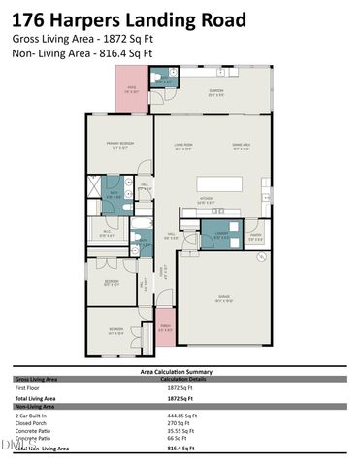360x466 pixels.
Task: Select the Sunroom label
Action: tap(214, 93)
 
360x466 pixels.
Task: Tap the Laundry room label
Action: tap(221, 234)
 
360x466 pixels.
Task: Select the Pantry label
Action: tap(256, 234)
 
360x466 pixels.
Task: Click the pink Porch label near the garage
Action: tap(165, 327)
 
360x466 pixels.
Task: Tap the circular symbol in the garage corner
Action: tap(261, 257)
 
